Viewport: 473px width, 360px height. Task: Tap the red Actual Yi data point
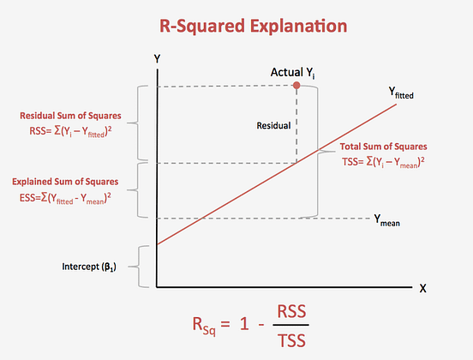(x=296, y=86)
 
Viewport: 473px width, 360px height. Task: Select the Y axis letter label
(x=157, y=57)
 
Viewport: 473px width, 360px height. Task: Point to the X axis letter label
(x=422, y=288)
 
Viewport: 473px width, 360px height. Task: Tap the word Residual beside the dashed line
(x=273, y=125)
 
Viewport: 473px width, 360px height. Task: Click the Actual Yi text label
(x=293, y=72)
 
